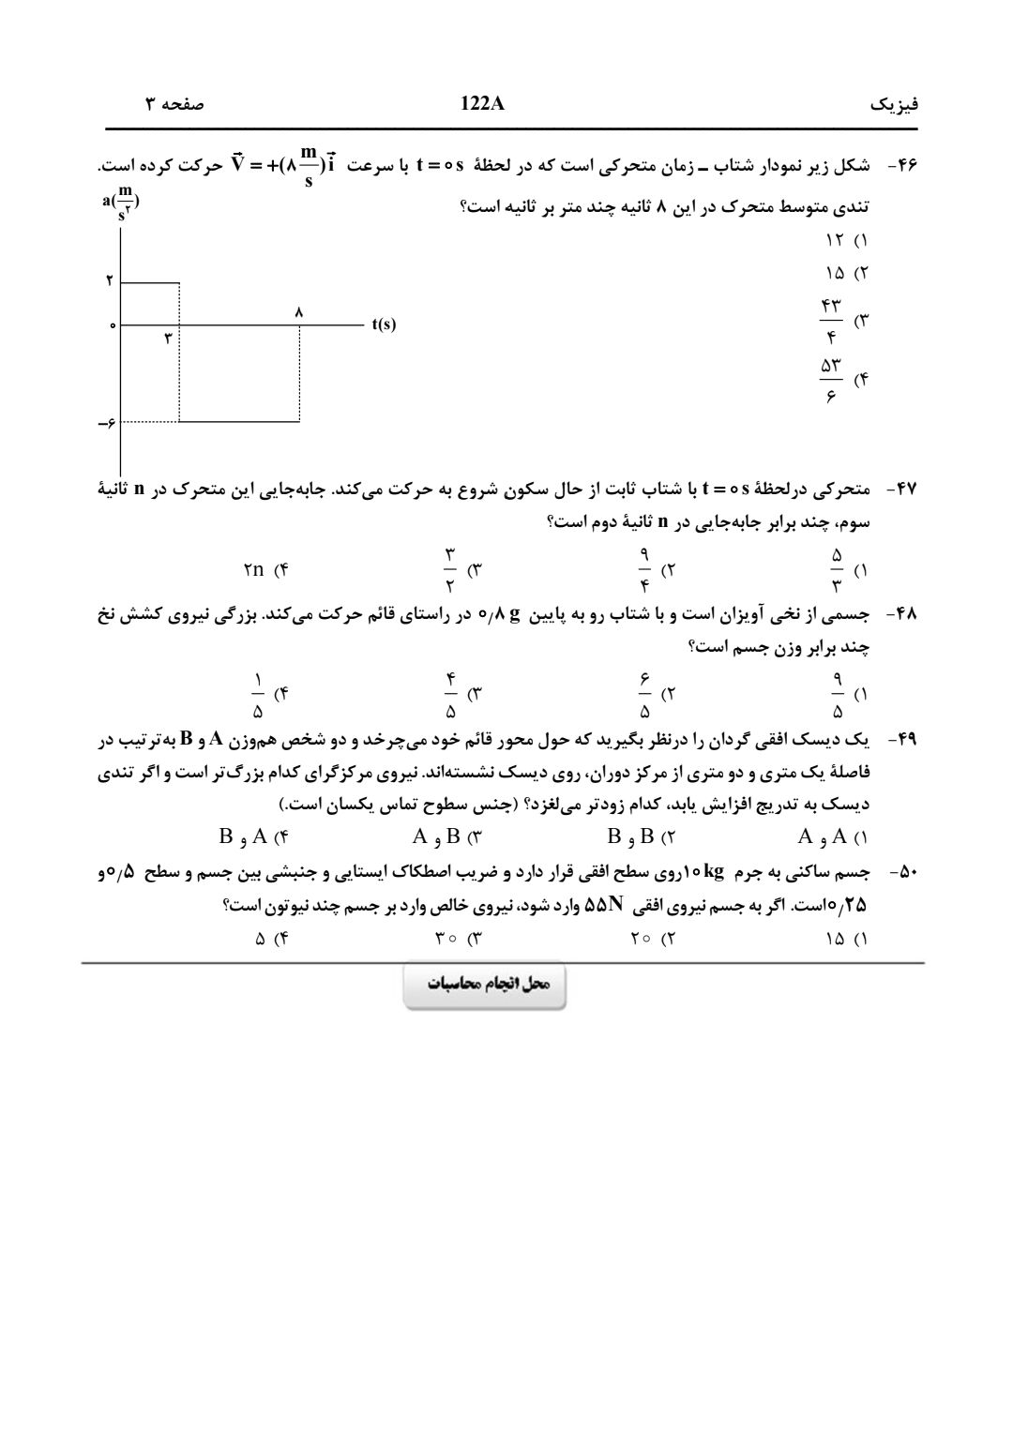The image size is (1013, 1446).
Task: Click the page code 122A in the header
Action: click(x=483, y=104)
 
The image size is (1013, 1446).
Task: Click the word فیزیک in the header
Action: click(x=895, y=105)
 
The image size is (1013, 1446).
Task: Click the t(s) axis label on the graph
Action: click(x=384, y=324)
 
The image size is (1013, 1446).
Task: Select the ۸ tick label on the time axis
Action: click(x=299, y=311)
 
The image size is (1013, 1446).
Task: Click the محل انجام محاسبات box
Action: click(x=484, y=985)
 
